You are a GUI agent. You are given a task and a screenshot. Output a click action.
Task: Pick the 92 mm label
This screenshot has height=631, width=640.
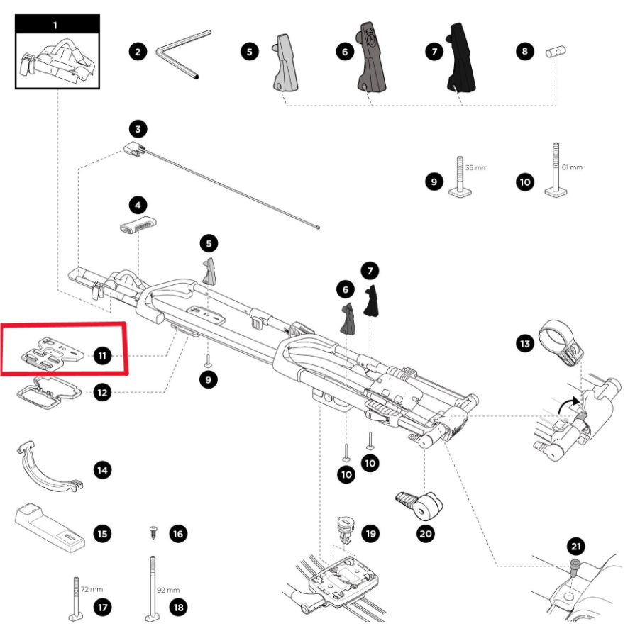(x=168, y=589)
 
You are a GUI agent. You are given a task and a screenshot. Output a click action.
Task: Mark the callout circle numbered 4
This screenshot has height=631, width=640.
(x=138, y=206)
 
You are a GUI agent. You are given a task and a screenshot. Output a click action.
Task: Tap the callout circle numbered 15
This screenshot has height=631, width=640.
(x=104, y=533)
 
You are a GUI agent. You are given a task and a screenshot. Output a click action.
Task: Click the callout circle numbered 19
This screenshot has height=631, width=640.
(x=370, y=532)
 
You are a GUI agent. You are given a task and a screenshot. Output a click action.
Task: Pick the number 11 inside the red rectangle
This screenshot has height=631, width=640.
(x=104, y=355)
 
